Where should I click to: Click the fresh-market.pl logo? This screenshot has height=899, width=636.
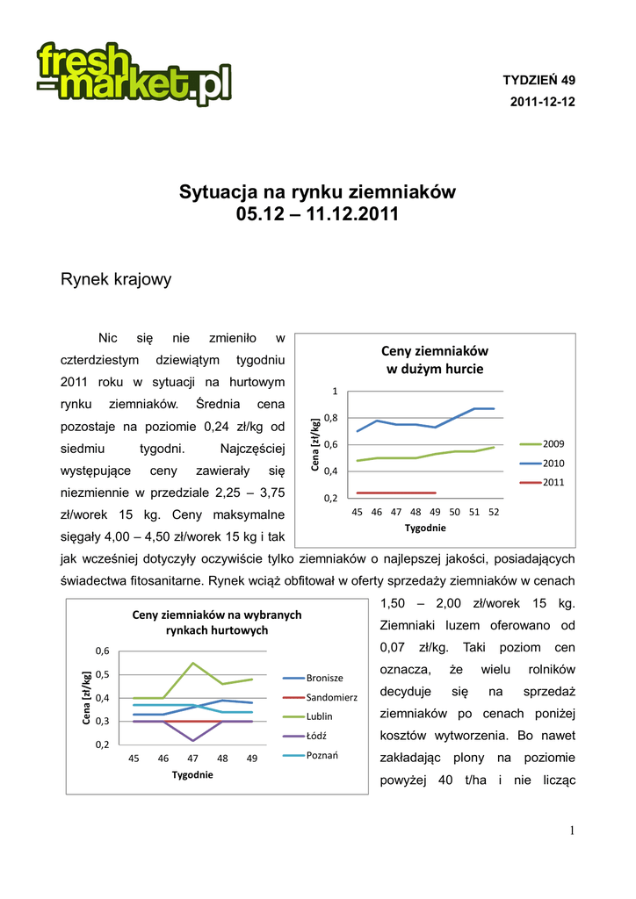(134, 74)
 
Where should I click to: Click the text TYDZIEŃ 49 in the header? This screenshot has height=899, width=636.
(538, 80)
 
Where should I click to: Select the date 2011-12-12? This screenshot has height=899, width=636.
(542, 102)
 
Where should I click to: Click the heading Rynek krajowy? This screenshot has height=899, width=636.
(115, 280)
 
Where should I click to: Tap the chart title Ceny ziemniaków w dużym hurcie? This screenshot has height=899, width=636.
(435, 359)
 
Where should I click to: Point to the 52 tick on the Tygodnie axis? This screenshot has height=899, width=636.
(493, 511)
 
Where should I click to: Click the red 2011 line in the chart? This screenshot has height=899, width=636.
(395, 493)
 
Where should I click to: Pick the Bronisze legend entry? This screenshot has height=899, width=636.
(324, 678)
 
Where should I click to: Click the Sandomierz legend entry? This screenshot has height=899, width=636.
(331, 697)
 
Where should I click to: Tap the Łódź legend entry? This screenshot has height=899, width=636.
(317, 736)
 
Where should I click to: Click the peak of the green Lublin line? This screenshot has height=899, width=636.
(192, 663)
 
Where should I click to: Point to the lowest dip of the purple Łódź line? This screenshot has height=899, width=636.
(192, 741)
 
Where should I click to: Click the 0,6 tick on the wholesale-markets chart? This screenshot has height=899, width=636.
(103, 651)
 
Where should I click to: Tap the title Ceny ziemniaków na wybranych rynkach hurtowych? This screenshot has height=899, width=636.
(217, 622)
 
